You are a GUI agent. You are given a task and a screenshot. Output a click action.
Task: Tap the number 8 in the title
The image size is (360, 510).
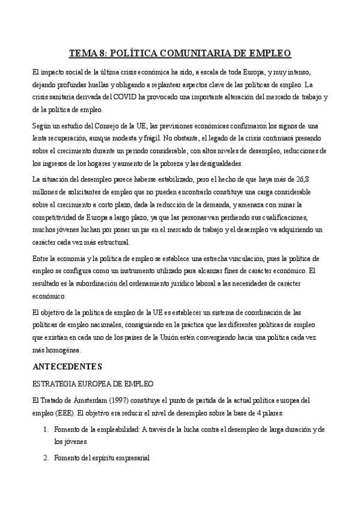click(102, 54)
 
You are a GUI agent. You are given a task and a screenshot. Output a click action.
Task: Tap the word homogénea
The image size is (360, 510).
click(58, 351)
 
